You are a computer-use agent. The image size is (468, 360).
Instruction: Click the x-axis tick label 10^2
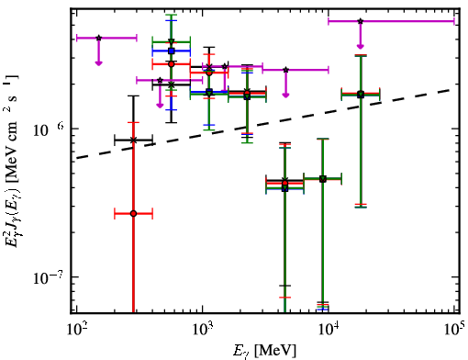point(76,329)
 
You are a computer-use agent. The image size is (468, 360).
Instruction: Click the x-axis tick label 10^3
point(202,329)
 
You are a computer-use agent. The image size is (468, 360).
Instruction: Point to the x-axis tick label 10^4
point(329,329)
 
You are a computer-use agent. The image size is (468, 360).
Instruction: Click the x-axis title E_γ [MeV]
point(264,351)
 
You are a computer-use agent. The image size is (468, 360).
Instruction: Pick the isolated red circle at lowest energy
point(133,214)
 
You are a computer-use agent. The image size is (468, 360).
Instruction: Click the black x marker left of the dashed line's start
point(133,141)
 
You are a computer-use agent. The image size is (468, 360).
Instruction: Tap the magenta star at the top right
point(361,21)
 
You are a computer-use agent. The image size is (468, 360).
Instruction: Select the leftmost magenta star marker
point(98,38)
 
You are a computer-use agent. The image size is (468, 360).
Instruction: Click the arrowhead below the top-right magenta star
point(361,46)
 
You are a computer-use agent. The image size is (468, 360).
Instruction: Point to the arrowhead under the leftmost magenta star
point(98,63)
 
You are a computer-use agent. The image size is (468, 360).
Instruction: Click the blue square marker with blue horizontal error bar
point(172,51)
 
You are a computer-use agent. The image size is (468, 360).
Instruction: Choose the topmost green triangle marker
point(172,41)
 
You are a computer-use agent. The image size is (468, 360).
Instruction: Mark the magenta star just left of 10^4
point(285,70)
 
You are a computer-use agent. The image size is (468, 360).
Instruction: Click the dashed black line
point(265,124)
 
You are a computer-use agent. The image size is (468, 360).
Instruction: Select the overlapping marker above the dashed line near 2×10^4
point(361,95)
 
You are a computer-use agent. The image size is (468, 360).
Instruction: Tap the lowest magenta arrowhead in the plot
point(160,106)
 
